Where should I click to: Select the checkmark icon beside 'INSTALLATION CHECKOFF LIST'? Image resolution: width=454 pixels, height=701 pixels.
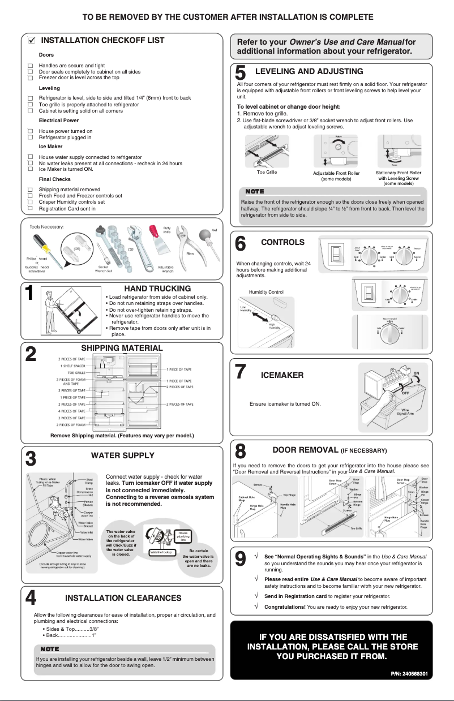point(32,41)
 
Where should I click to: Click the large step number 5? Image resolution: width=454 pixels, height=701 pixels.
point(241,73)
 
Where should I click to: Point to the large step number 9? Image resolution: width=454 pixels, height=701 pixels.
point(241,560)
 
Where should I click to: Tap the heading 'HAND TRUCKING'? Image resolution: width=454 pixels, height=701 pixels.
point(157,289)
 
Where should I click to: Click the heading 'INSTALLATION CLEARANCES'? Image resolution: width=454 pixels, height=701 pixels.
point(123,598)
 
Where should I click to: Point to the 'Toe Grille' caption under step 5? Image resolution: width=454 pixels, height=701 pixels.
point(267,172)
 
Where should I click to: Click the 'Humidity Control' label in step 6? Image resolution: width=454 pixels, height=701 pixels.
point(265,292)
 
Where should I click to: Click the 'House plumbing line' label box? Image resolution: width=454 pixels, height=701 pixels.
point(183,536)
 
